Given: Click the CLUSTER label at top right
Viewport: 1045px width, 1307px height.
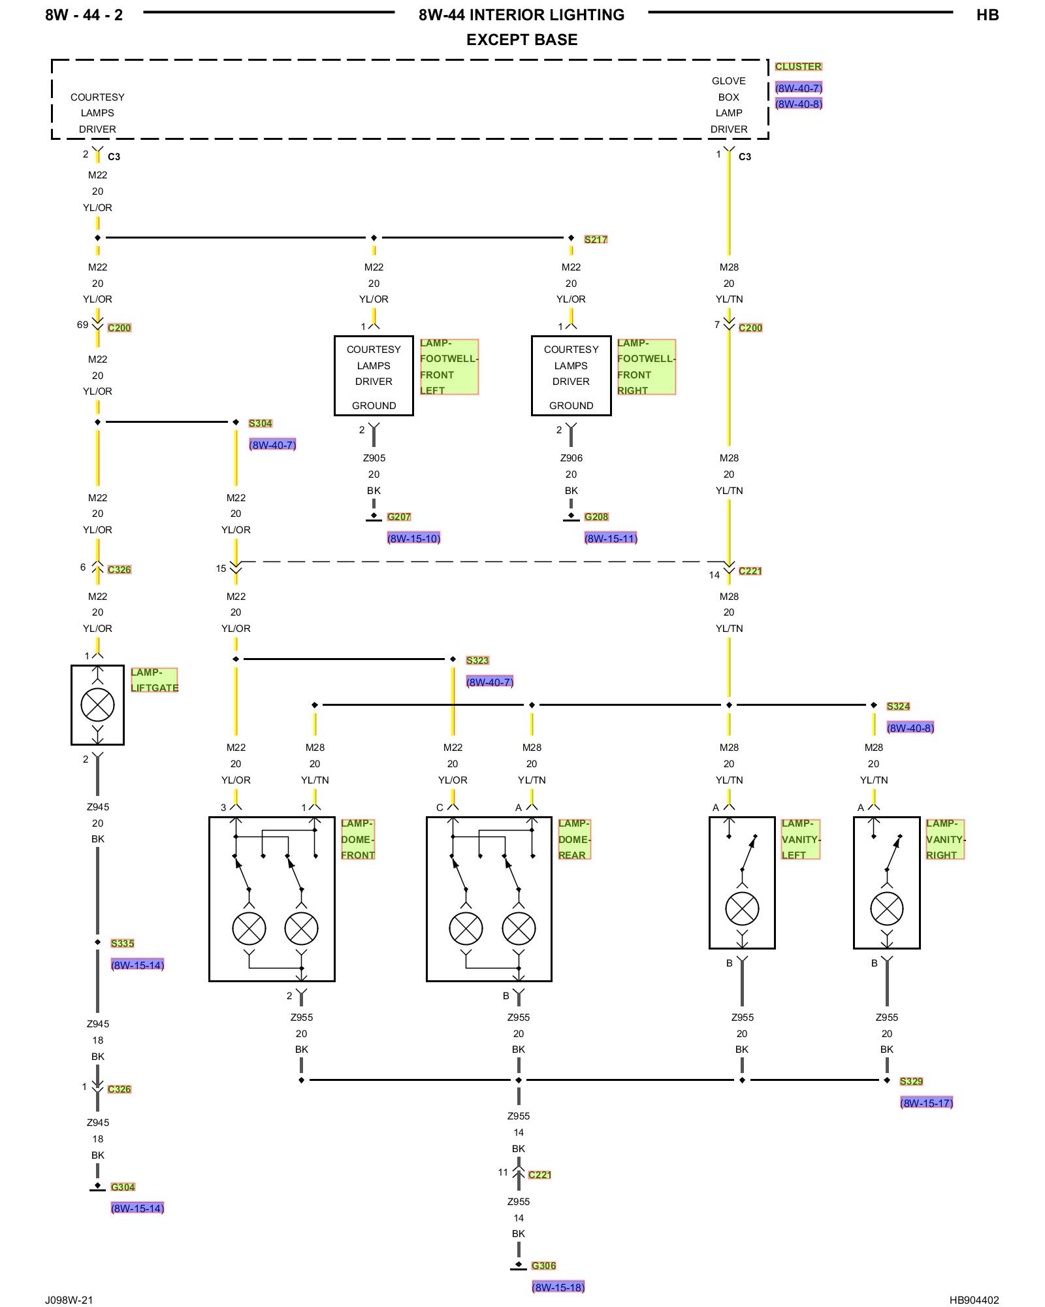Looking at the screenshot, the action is pyautogui.click(x=798, y=67).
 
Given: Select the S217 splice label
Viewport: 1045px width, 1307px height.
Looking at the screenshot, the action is pyautogui.click(x=596, y=239).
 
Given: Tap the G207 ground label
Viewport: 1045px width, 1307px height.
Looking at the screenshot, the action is pyautogui.click(x=399, y=516).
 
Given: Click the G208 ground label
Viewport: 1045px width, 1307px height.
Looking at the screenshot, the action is pyautogui.click(x=596, y=516).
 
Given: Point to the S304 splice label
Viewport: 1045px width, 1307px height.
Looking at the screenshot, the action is pyautogui.click(x=260, y=423).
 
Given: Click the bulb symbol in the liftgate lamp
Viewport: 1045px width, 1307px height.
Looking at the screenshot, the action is pyautogui.click(x=97, y=705).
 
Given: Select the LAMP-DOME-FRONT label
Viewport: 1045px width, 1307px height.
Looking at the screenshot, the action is pyautogui.click(x=358, y=839).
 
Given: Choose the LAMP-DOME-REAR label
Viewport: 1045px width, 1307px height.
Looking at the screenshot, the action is pyautogui.click(x=574, y=839).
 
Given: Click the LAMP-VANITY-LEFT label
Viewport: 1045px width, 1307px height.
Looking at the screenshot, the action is pyautogui.click(x=801, y=839).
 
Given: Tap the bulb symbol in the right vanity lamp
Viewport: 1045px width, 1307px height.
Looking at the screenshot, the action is pyautogui.click(x=887, y=908).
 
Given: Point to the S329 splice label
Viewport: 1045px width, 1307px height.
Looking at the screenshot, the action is pyautogui.click(x=911, y=1081).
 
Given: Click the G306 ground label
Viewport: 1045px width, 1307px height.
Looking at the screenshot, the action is pyautogui.click(x=543, y=1265).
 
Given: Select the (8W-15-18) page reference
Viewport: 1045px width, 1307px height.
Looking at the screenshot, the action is pyautogui.click(x=558, y=1287).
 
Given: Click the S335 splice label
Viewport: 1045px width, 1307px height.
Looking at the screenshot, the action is pyautogui.click(x=122, y=943).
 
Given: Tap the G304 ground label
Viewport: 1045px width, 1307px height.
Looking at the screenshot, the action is pyautogui.click(x=123, y=1187).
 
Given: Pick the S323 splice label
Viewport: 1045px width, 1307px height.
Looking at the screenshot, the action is pyautogui.click(x=477, y=660).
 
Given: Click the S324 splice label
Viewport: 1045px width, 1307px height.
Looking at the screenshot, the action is pyautogui.click(x=898, y=706).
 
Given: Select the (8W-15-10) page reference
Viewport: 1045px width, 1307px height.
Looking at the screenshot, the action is pyautogui.click(x=413, y=538).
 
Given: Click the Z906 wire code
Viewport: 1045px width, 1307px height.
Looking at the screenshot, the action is pyautogui.click(x=571, y=458).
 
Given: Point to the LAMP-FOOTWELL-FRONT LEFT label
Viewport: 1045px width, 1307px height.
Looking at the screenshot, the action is pyautogui.click(x=449, y=367).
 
